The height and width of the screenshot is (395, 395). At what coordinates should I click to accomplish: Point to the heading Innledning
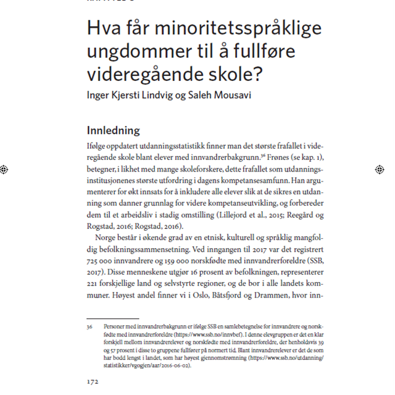[113, 131]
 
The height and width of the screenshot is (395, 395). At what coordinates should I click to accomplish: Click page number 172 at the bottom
[92, 381]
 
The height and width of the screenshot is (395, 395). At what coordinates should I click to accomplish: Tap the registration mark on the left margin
[5, 168]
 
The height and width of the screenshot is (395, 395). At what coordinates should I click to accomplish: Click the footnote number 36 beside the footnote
[89, 325]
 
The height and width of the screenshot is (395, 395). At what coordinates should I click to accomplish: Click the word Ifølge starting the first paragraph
[98, 145]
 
